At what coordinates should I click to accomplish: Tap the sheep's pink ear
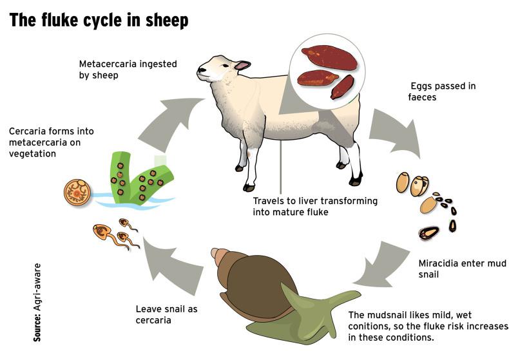(x=242, y=65)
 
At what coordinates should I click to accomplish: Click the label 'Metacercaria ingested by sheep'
(x=128, y=70)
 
